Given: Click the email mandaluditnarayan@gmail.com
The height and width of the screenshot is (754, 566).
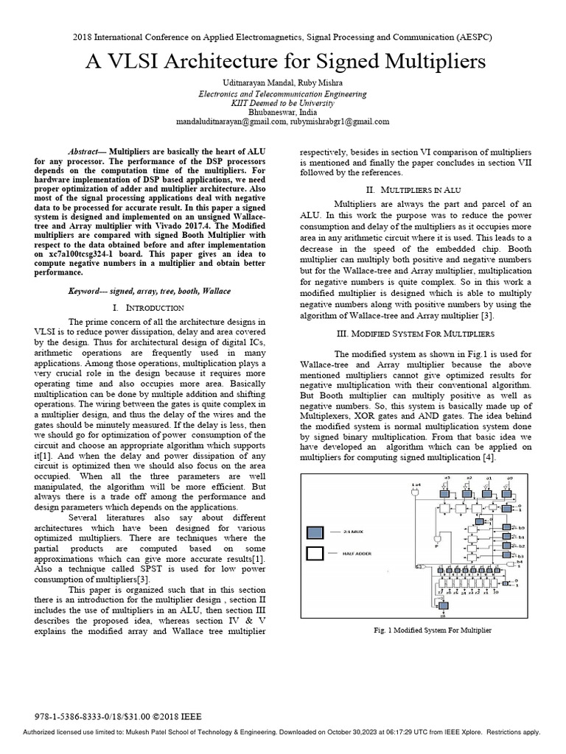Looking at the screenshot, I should [230, 121].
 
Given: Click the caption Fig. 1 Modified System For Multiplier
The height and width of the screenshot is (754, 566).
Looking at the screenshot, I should [423, 630].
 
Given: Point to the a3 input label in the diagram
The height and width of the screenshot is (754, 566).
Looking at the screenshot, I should [446, 480].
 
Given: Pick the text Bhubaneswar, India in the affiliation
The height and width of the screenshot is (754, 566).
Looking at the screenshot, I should [283, 112].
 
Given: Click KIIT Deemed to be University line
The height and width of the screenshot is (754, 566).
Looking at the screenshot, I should [283, 102].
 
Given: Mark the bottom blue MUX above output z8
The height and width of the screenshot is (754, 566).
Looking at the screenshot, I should [443, 605].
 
